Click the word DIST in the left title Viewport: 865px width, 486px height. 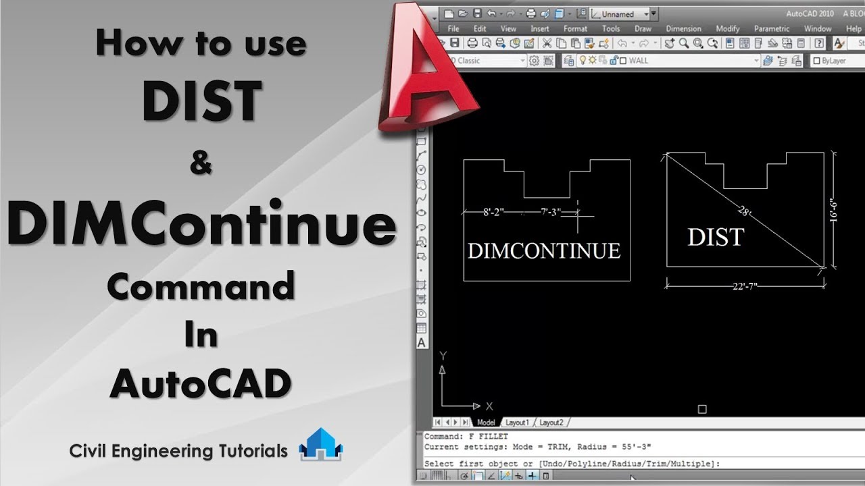tap(201, 101)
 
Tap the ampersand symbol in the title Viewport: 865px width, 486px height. tap(201, 164)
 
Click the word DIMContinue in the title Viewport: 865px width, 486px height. tap(201, 225)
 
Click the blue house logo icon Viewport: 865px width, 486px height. tap(320, 445)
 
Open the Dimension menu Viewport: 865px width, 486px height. tap(683, 29)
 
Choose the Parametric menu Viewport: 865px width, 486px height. tap(772, 29)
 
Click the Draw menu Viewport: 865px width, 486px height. tap(643, 29)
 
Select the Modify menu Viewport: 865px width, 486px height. tap(728, 29)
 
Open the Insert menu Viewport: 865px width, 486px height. tap(540, 29)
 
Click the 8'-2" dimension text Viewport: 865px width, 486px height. tap(493, 212)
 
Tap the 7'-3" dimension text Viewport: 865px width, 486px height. tap(551, 212)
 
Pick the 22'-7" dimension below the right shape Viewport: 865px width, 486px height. tap(745, 286)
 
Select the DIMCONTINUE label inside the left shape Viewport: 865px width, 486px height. tap(544, 251)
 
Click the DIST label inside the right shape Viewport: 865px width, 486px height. tap(716, 238)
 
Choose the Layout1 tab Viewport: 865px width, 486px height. tap(517, 423)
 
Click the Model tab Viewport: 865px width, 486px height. tap(486, 423)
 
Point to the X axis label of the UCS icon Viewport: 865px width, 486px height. tap(489, 406)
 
